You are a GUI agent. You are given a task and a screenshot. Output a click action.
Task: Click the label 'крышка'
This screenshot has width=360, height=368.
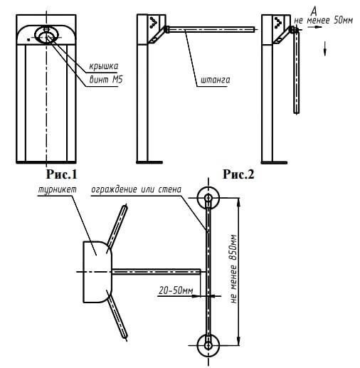click(x=104, y=66)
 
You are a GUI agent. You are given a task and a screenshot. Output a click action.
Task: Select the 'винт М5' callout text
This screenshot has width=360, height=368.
click(x=106, y=80)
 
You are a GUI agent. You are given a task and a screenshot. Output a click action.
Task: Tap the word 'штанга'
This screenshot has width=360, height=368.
click(x=216, y=80)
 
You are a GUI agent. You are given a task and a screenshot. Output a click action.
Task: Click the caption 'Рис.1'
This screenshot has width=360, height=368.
click(x=62, y=174)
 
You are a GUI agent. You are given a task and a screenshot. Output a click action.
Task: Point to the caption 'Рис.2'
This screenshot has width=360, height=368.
click(x=238, y=174)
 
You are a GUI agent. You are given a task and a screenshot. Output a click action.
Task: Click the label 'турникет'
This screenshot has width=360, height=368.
click(x=58, y=190)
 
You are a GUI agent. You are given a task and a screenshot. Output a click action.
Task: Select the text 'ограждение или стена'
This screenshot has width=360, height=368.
click(x=137, y=189)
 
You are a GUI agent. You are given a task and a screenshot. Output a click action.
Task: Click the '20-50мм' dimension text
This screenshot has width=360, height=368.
click(x=176, y=290)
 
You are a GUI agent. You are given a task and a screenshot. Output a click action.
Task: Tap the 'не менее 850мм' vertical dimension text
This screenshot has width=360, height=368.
click(x=233, y=269)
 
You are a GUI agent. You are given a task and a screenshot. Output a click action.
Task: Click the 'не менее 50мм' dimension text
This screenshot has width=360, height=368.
click(x=324, y=20)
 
